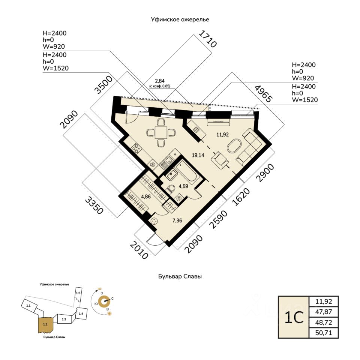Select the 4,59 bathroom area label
(183, 186)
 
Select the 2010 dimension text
(139, 250)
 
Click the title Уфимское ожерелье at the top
(180, 19)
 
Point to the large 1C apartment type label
(293, 317)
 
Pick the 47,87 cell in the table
(324, 312)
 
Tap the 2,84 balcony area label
(160, 81)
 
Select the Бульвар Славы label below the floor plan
(180, 277)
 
